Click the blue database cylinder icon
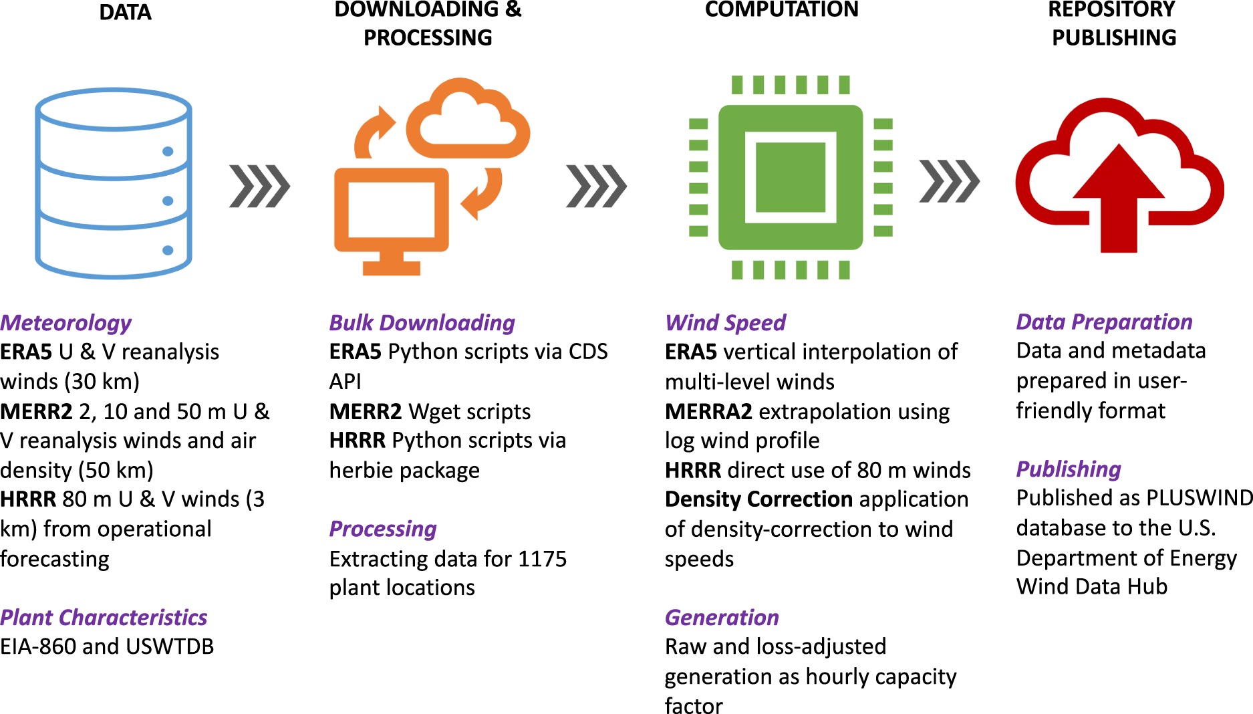(114, 183)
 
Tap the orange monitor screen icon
(391, 211)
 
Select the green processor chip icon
(790, 177)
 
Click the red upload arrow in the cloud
(1119, 201)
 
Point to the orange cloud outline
(467, 120)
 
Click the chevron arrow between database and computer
(259, 186)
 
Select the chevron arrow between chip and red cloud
(949, 181)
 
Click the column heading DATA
(125, 12)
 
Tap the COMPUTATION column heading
(781, 9)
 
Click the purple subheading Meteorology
(65, 323)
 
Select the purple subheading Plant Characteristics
(104, 617)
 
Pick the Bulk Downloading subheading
(422, 323)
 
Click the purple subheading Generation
(722, 617)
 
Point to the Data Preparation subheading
(1104, 322)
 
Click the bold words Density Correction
(758, 499)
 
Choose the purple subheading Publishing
(1069, 469)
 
